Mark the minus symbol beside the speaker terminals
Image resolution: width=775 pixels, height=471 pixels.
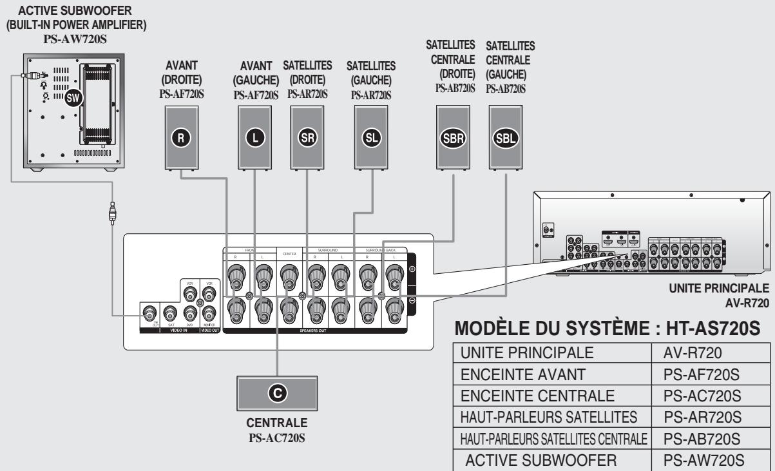pos(412,301)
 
